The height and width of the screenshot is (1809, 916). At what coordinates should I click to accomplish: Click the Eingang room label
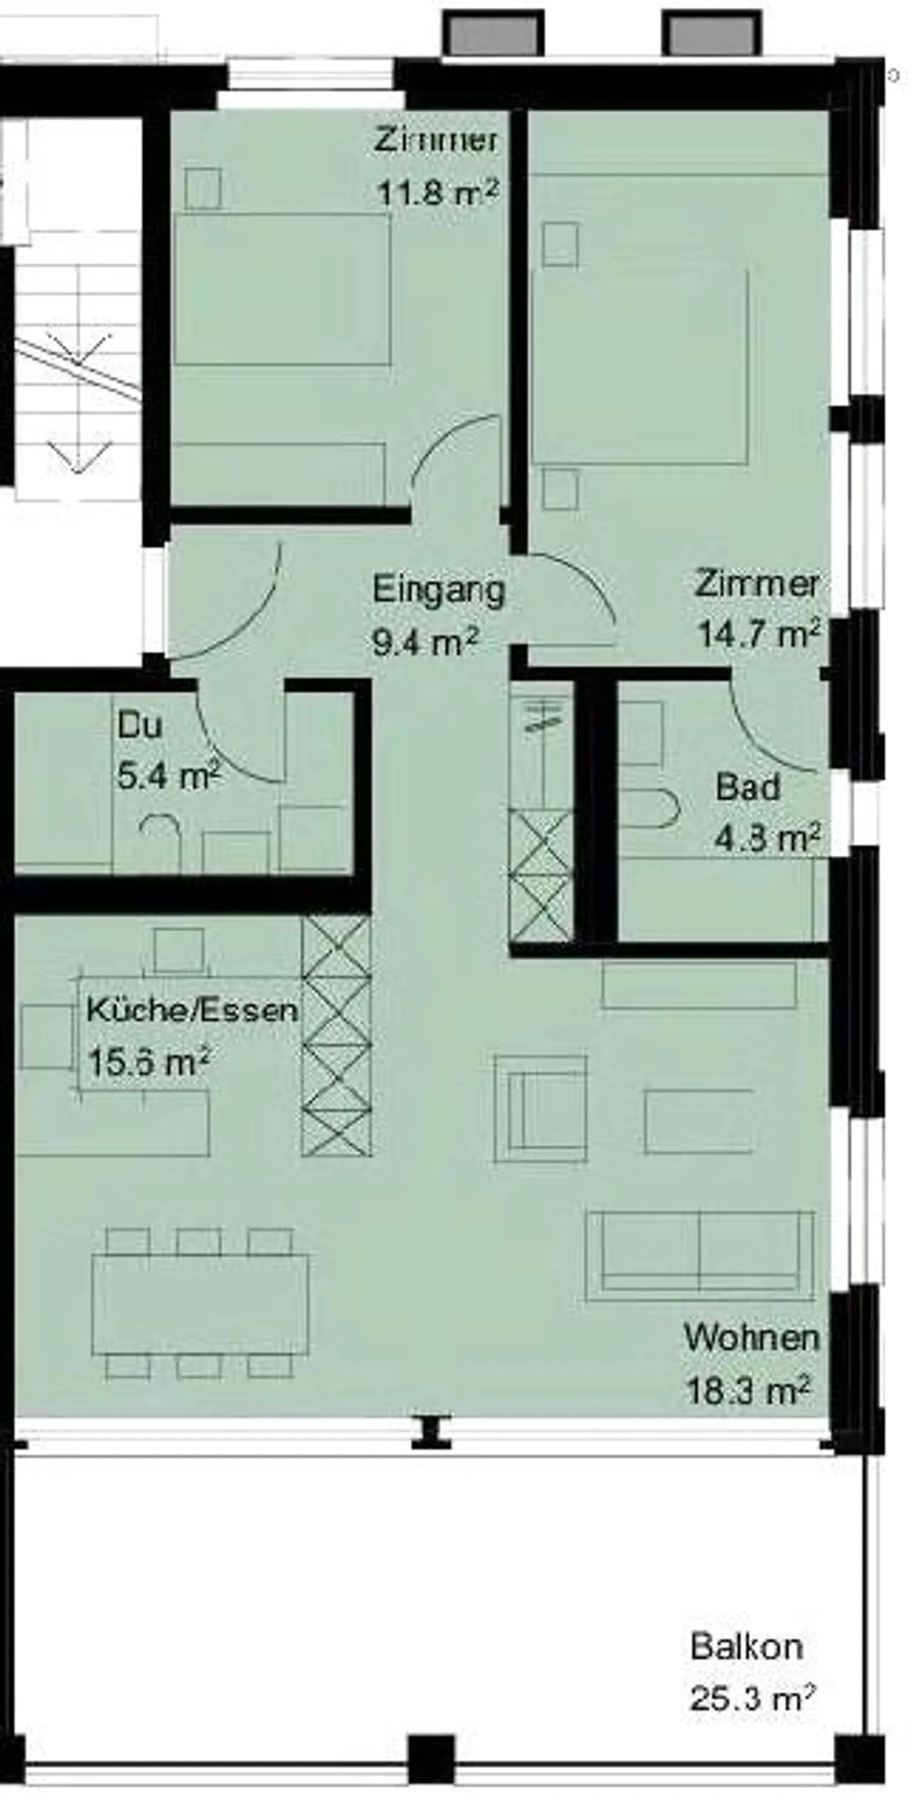point(438,590)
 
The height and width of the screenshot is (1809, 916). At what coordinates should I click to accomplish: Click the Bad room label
point(747,787)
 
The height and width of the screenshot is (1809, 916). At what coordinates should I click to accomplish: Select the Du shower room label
point(140,724)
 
